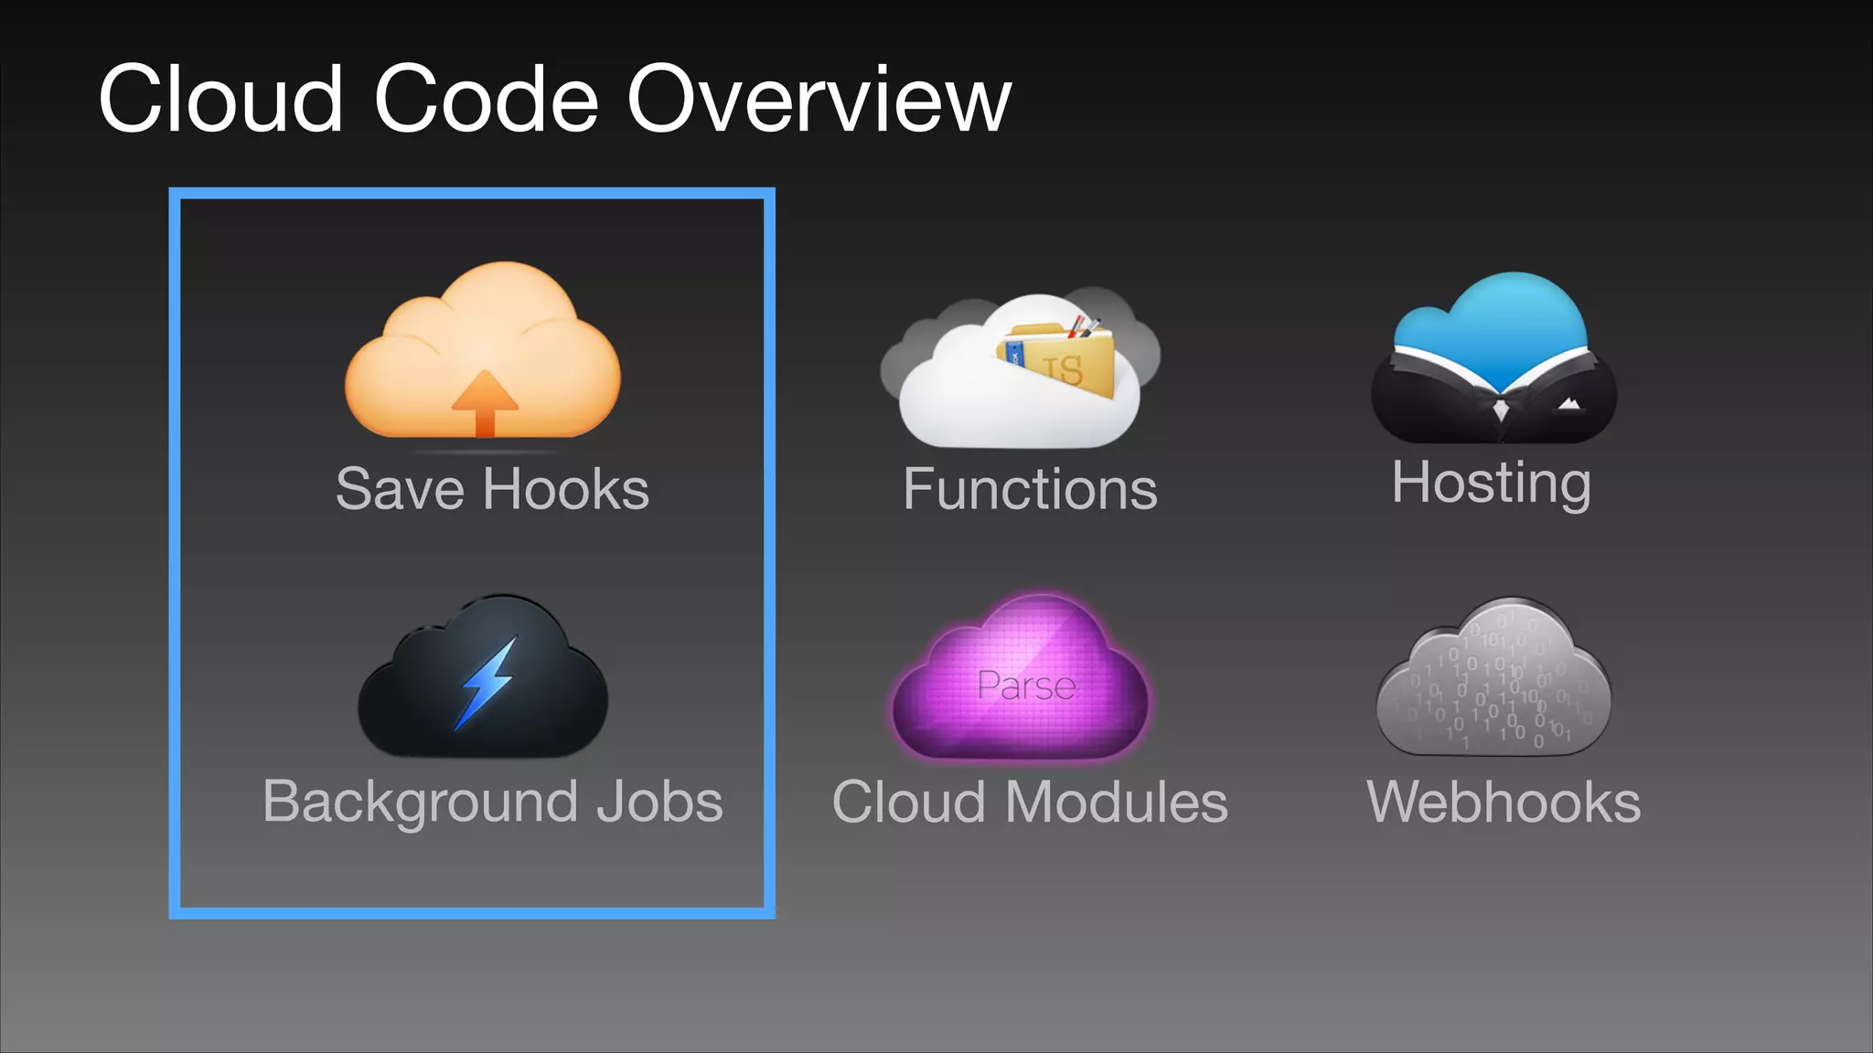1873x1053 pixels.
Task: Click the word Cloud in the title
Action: click(x=220, y=99)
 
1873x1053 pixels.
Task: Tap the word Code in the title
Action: click(x=486, y=99)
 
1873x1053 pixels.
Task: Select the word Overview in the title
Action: click(x=819, y=99)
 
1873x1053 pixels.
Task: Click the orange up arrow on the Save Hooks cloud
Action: click(x=484, y=403)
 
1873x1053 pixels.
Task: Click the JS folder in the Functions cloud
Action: click(x=1065, y=360)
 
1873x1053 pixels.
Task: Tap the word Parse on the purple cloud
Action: click(x=1025, y=686)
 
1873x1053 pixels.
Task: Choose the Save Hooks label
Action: click(x=492, y=488)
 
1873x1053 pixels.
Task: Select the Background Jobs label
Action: click(x=492, y=802)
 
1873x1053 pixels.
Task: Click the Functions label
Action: click(x=1030, y=488)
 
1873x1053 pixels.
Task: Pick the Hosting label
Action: click(x=1491, y=482)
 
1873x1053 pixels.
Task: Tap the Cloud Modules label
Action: click(x=1030, y=802)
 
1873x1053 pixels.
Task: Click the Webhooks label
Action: click(x=1503, y=802)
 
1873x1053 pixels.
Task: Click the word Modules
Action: click(x=1117, y=802)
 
